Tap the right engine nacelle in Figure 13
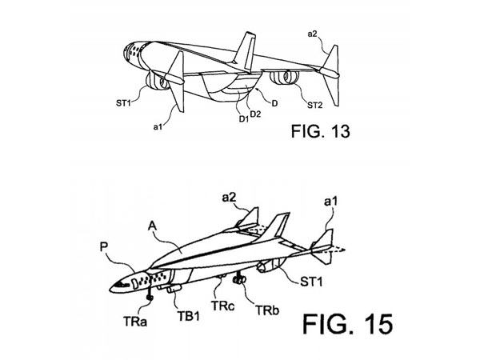click(x=282, y=79)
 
